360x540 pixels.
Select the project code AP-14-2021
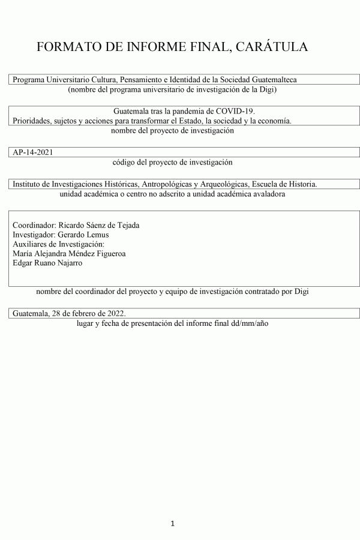[33, 152]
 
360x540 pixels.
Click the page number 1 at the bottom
[173, 524]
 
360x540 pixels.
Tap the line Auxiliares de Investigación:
[58, 244]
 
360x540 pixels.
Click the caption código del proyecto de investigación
[172, 162]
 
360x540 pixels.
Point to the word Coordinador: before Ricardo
[34, 225]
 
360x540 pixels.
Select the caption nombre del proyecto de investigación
[172, 130]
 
